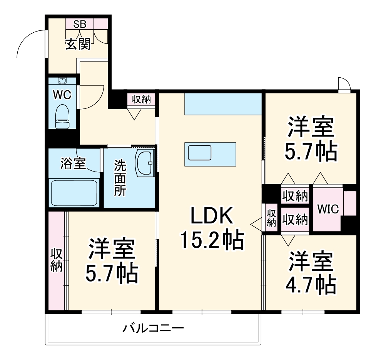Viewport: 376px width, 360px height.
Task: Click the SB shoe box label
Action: click(80, 24)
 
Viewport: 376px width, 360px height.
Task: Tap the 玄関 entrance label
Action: click(78, 44)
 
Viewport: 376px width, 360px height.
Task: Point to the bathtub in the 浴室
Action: click(74, 193)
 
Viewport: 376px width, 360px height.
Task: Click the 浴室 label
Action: click(73, 163)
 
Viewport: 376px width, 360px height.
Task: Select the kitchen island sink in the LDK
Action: click(199, 153)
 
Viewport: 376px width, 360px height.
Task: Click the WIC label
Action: click(328, 209)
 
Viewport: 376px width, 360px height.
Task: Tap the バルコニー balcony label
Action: click(153, 329)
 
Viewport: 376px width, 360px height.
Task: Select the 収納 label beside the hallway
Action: click(141, 100)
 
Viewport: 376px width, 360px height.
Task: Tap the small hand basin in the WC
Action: click(62, 81)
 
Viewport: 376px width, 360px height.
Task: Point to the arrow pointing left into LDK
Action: click(255, 223)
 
